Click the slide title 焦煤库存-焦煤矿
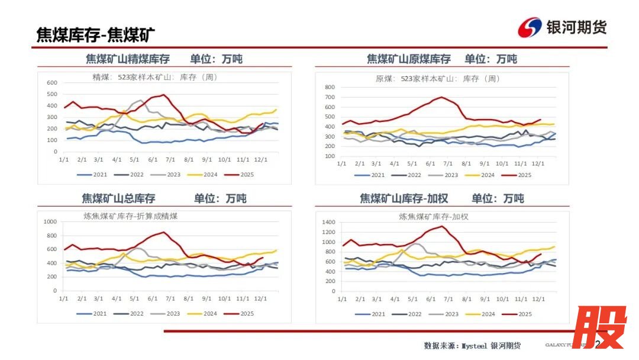tap(96, 34)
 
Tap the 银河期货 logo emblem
tap(529, 27)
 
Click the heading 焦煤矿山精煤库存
tap(128, 59)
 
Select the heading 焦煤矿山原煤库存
tap(408, 59)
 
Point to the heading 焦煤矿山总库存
tap(118, 198)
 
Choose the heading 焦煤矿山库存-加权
tap(408, 198)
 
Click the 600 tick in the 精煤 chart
tap(52, 83)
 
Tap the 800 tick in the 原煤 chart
tap(330, 87)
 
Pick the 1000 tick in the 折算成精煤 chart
tap(49, 222)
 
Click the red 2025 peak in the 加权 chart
tap(443, 226)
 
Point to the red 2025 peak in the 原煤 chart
tap(441, 97)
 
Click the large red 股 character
tap(598, 327)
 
